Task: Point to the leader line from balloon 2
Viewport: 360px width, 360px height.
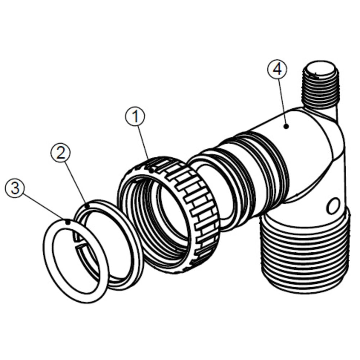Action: pyautogui.click(x=75, y=180)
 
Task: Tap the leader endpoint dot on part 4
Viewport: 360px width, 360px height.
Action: pyautogui.click(x=286, y=126)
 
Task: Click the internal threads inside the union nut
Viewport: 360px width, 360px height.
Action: pyautogui.click(x=144, y=202)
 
